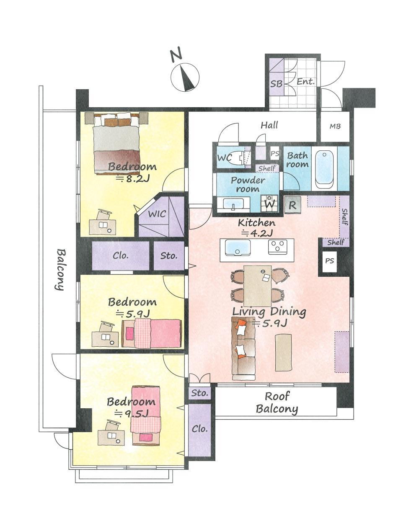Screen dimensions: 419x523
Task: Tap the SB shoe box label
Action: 277,84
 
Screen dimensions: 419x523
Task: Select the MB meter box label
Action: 335,126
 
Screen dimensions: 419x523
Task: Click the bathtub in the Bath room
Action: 324,170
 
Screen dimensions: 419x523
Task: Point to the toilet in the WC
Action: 236,158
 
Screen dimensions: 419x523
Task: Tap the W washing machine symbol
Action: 269,203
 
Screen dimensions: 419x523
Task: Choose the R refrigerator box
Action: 292,205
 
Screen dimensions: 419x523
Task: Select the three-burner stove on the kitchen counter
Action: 277,247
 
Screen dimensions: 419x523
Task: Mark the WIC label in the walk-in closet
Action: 157,214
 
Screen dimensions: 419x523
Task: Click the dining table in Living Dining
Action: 257,286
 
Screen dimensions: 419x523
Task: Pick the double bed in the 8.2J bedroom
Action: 116,143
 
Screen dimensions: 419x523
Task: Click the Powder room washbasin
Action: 233,204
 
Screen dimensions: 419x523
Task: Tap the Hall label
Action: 269,125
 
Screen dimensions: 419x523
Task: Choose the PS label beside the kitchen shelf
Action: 329,261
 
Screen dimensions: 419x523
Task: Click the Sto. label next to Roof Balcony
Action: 199,393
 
